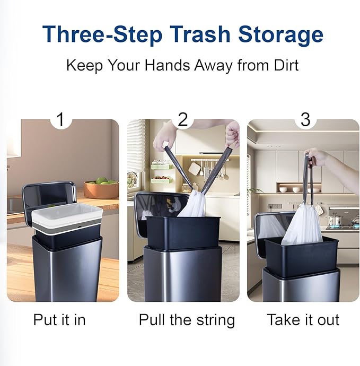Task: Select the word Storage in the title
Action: tap(280, 35)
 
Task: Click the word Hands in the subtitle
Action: tap(168, 65)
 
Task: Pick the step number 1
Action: tap(60, 119)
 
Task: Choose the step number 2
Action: tap(183, 119)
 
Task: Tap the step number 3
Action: tap(305, 119)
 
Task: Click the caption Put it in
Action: tap(59, 319)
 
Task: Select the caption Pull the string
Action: tap(187, 320)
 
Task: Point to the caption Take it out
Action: tap(303, 319)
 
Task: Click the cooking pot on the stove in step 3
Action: tap(335, 220)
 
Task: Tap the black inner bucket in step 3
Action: tap(302, 257)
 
